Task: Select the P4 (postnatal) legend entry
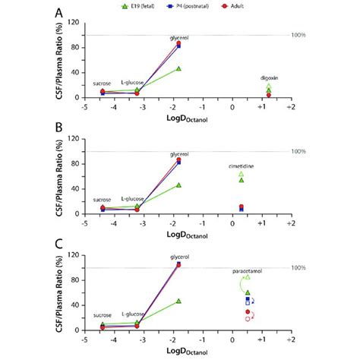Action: pos(193,5)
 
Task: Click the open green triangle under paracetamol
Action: pos(248,277)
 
